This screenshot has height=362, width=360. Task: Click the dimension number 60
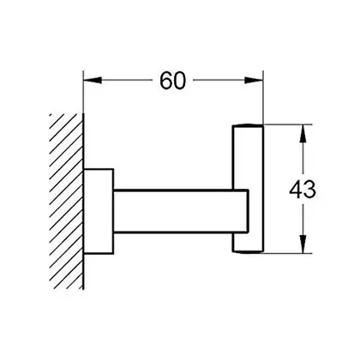coord(172,81)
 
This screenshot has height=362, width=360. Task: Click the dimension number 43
coord(303,190)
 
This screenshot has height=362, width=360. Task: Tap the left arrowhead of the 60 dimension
coord(93,80)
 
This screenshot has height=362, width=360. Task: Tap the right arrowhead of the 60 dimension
coord(254,80)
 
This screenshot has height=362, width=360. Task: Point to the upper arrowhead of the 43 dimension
coord(303,134)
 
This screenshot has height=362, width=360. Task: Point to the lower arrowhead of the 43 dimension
coord(303,244)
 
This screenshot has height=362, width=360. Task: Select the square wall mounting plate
coord(99,211)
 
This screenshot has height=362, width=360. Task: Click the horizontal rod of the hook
coord(181,211)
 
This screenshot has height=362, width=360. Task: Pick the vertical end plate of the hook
coord(248,189)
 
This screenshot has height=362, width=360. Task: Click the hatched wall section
coord(66,202)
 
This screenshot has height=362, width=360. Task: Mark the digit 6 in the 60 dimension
coord(165,81)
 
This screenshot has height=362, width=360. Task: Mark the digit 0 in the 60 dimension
coord(179,81)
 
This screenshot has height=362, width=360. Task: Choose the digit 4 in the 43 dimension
coord(296,190)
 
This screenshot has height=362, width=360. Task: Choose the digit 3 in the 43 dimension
coord(309,190)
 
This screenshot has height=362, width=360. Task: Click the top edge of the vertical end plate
coord(248,125)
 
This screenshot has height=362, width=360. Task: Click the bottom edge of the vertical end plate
coord(248,252)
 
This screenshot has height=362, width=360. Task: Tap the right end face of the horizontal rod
coord(248,211)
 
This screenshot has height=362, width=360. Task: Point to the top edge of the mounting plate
coord(99,169)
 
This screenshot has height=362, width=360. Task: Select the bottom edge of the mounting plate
coord(99,253)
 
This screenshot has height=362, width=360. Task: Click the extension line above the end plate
coord(263,97)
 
